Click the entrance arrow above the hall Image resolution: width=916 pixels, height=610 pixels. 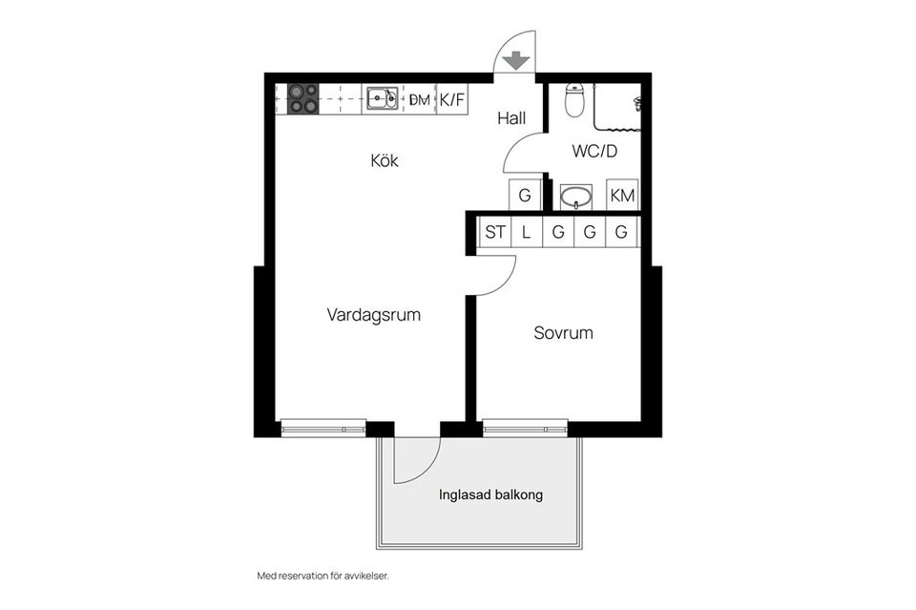point(516,60)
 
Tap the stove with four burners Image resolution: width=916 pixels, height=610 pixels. point(303,98)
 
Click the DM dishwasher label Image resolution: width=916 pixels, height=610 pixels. point(419,99)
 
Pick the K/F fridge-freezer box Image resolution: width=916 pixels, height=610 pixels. point(451,98)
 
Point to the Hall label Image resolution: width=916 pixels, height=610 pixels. point(511,119)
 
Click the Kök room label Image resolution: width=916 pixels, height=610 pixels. point(385,160)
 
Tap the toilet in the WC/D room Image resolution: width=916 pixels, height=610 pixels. point(574,100)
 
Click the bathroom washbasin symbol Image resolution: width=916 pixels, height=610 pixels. point(575,198)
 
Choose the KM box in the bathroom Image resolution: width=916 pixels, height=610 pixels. point(623,196)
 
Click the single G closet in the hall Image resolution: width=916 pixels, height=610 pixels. point(525,196)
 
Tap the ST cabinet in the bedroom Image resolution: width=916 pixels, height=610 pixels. point(495,232)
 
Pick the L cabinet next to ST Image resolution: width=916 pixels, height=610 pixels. point(526,232)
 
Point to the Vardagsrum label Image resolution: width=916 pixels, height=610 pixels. point(373,314)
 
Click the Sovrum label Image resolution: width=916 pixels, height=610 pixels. point(563,333)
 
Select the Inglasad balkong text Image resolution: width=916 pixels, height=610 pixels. point(490,495)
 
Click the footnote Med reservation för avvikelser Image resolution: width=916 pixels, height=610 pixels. point(323,576)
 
